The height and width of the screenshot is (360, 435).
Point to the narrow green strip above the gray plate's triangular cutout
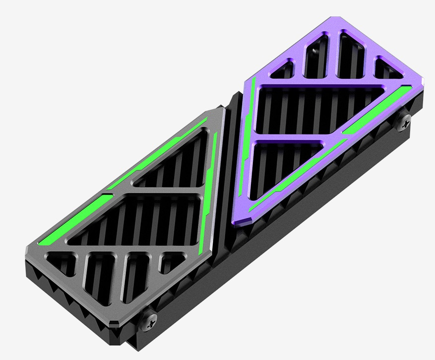159,154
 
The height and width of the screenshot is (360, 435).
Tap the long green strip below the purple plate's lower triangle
298,176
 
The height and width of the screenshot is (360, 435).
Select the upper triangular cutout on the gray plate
176,164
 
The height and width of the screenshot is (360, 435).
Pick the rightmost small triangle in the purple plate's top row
389,70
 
